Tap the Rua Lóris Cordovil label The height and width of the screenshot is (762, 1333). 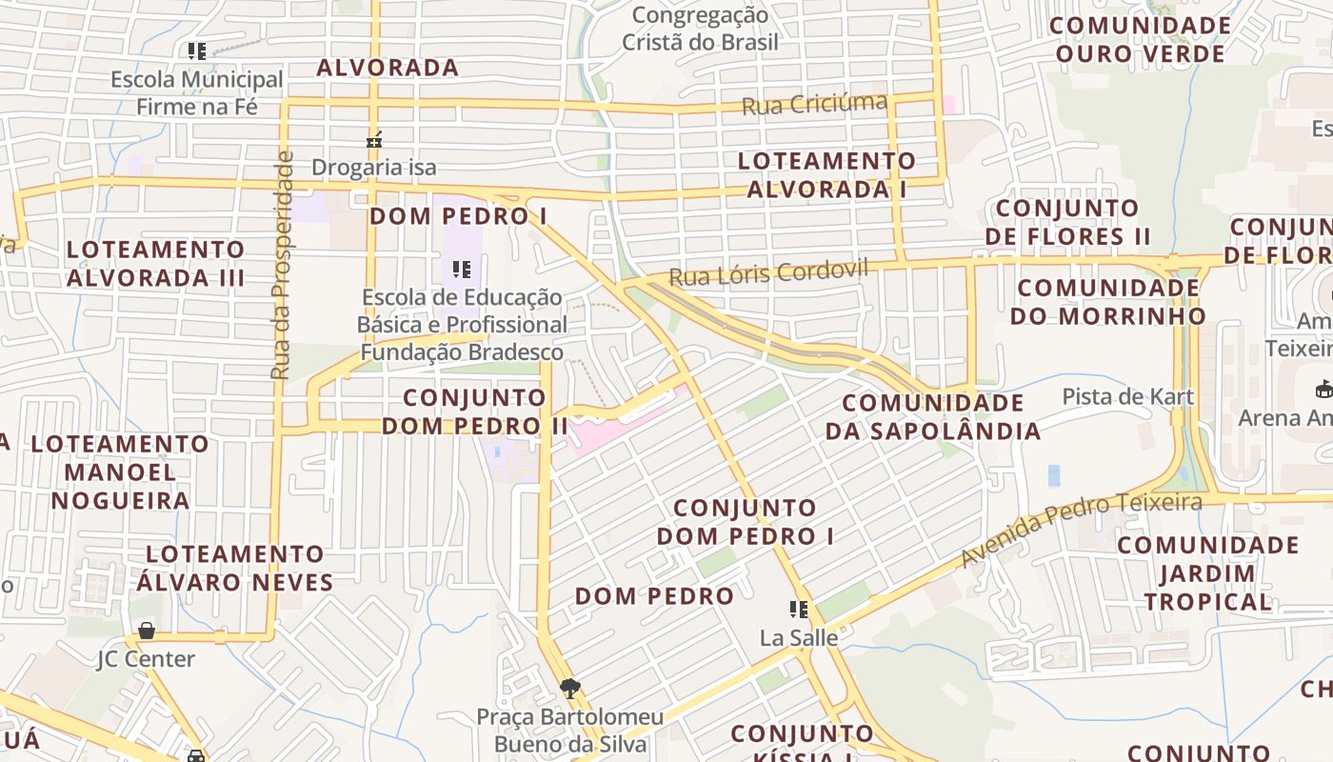tap(768, 272)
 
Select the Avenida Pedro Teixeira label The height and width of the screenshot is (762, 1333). tap(1081, 528)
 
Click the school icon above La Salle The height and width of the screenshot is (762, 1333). tap(798, 609)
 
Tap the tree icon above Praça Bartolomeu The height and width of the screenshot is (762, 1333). tap(570, 688)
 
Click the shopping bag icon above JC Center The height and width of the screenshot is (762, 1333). tap(147, 631)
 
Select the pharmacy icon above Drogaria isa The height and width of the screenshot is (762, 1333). tap(374, 140)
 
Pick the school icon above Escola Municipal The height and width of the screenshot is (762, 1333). tap(197, 50)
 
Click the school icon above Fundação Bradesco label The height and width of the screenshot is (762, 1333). tap(462, 270)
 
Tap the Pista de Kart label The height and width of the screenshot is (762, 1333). tap(1127, 396)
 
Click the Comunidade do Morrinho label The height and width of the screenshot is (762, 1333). tap(1108, 301)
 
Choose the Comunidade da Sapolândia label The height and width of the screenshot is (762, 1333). tap(933, 416)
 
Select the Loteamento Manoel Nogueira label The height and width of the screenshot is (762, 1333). tap(120, 471)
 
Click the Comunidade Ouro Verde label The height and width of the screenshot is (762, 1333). tap(1140, 39)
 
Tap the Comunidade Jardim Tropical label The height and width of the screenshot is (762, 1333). tap(1207, 572)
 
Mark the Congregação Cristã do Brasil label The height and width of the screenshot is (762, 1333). tap(700, 29)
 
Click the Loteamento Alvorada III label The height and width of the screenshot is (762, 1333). tap(156, 263)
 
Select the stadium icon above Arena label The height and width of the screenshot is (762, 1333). tap(1323, 389)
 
